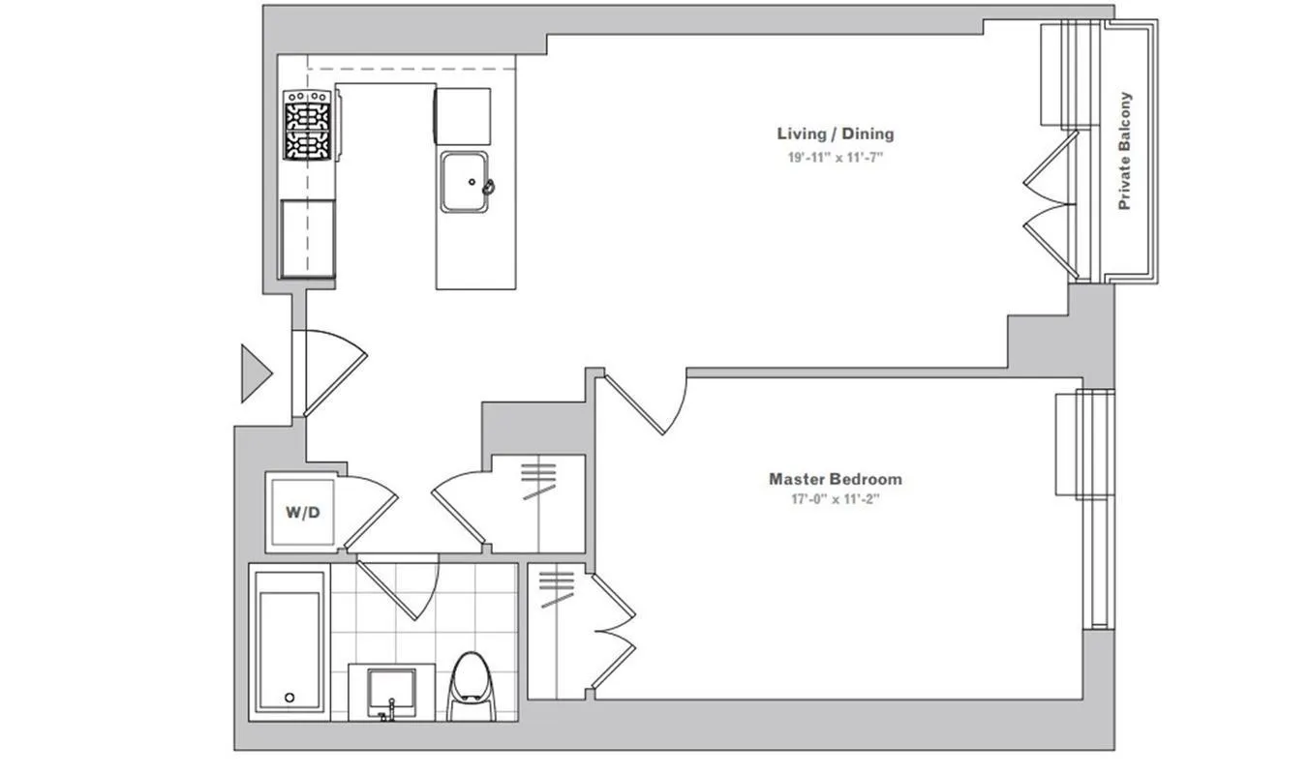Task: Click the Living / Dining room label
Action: click(835, 134)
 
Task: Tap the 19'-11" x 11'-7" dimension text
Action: click(835, 157)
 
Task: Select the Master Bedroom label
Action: click(835, 478)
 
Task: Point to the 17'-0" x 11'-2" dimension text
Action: click(835, 500)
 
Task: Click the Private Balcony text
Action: click(1124, 151)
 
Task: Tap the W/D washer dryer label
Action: click(302, 512)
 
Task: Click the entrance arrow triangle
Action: click(255, 373)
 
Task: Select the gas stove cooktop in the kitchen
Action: click(307, 124)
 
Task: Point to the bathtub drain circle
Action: click(289, 698)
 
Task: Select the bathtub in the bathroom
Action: click(289, 642)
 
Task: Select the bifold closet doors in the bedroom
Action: click(613, 634)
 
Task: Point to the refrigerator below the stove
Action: click(308, 238)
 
